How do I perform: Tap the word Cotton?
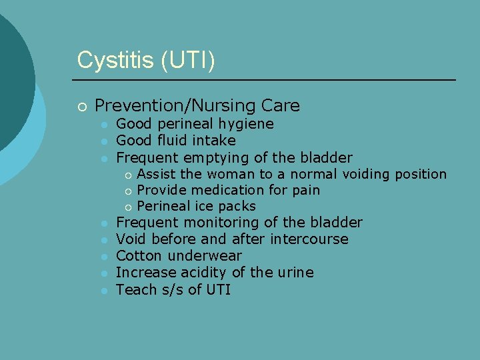139,256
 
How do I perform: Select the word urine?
293,273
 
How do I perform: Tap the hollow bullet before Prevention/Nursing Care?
81,106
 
